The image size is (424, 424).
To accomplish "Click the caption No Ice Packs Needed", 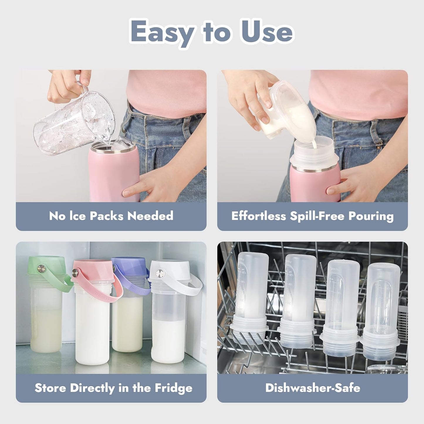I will coord(111,216).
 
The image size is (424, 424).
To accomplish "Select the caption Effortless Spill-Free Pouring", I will coord(312,216).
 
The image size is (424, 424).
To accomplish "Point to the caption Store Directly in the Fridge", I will coord(113,388).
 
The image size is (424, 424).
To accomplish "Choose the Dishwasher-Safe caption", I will coord(312,388).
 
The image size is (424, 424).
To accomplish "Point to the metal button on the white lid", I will coord(159,274).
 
